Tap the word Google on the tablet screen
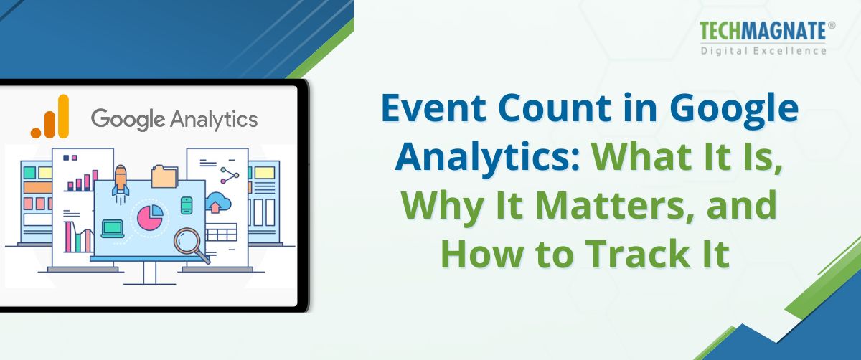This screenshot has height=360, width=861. [x=126, y=118]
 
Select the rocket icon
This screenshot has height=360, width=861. [x=121, y=180]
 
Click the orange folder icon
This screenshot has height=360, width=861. [x=164, y=176]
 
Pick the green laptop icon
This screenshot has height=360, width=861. [x=113, y=228]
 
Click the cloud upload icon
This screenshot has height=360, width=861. [x=215, y=205]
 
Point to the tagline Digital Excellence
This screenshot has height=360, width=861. [x=763, y=50]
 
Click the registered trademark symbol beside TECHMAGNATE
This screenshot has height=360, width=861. [x=832, y=25]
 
